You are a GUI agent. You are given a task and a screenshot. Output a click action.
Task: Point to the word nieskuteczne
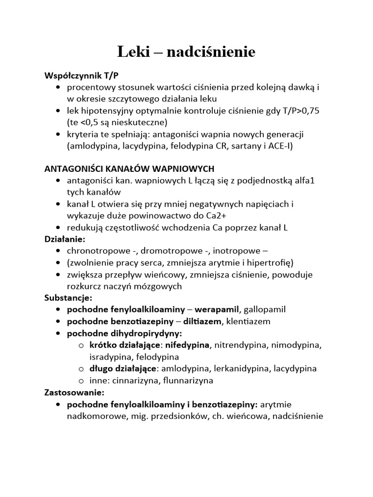click(x=138, y=122)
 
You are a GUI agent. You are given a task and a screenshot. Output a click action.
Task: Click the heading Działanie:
click(x=65, y=239)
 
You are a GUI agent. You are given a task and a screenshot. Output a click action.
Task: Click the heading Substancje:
click(x=68, y=297)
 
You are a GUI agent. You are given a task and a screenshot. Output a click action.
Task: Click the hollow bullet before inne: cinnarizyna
click(x=81, y=380)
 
